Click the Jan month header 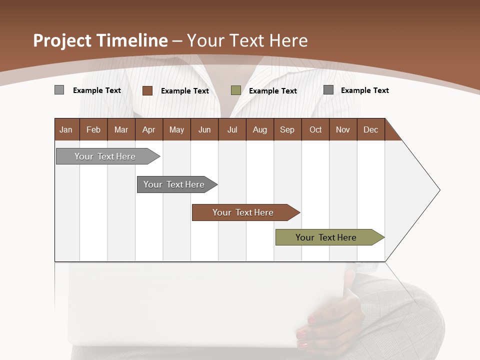[66, 129]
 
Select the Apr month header [148, 129]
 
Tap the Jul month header [232, 129]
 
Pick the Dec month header [370, 129]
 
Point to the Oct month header [315, 129]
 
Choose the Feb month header [93, 129]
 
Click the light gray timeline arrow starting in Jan [105, 156]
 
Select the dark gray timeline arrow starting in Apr [174, 184]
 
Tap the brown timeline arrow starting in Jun [243, 212]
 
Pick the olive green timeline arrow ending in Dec [326, 237]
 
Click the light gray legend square [59, 90]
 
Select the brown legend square [147, 90]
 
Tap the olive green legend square [235, 90]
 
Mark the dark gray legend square [328, 90]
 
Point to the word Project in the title [62, 40]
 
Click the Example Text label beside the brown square [184, 90]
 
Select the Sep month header [287, 129]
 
